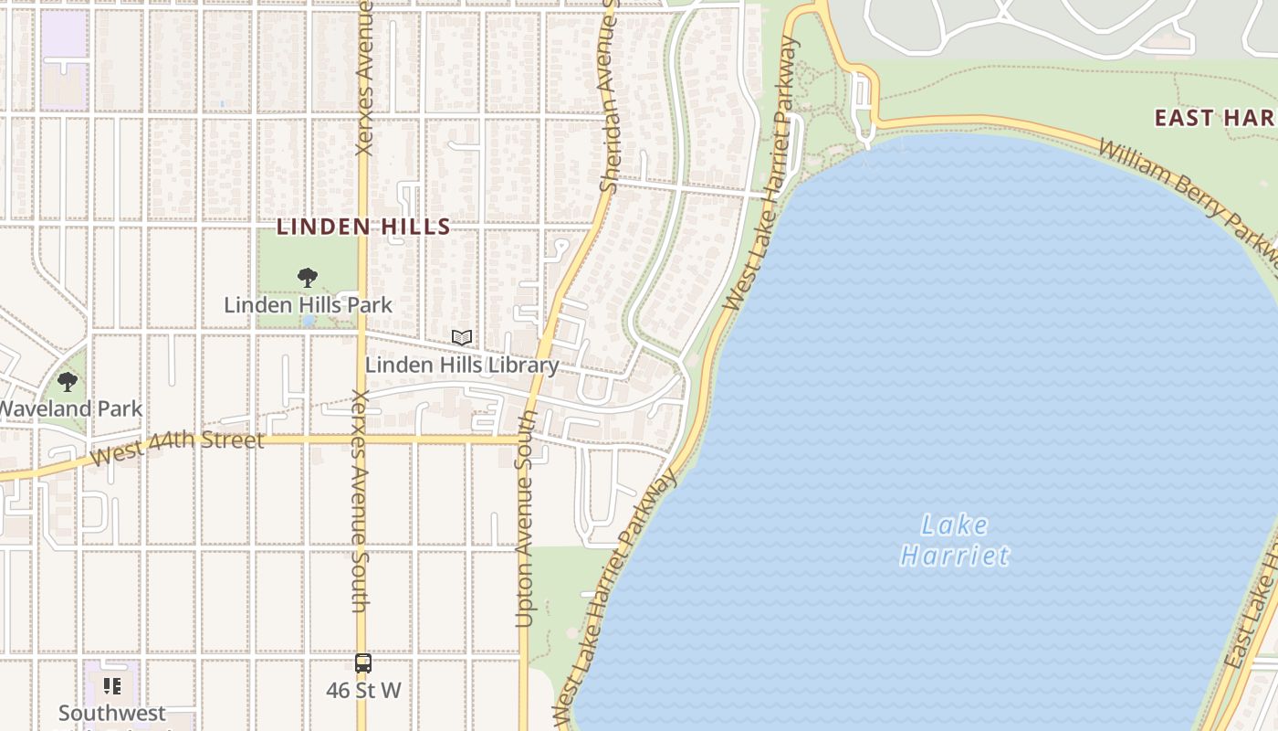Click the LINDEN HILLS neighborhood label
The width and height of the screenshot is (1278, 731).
(363, 227)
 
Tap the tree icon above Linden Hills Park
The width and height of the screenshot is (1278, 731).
(308, 277)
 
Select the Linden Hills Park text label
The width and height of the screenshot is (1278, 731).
(308, 304)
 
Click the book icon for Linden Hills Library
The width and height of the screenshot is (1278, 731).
(462, 338)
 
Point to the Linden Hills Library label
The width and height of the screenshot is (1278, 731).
(462, 365)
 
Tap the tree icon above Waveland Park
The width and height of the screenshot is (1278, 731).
(68, 382)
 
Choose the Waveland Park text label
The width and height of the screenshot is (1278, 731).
(71, 408)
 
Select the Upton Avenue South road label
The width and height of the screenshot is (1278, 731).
(525, 519)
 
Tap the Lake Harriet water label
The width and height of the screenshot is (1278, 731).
(955, 540)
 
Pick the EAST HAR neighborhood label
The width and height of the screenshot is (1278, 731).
(1213, 117)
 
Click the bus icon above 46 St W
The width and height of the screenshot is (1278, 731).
(363, 663)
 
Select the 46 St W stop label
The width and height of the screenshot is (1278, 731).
(363, 690)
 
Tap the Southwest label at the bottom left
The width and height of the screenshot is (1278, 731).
(112, 713)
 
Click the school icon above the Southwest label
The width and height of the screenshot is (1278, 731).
(112, 685)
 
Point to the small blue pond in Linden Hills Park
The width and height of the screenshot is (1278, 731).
(309, 321)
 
